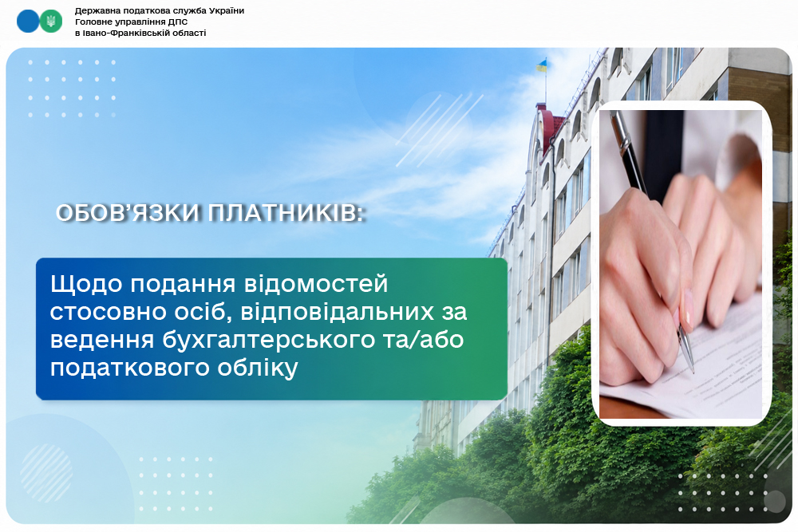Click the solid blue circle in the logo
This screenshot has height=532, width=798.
coord(28,22)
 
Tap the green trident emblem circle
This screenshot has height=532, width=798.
coord(50,22)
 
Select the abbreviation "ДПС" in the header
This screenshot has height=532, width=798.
coord(176,22)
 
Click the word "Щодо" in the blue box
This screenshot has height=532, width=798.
coord(86,284)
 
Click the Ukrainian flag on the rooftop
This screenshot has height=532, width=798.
coord(541,65)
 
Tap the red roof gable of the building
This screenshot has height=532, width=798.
coord(551,127)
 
